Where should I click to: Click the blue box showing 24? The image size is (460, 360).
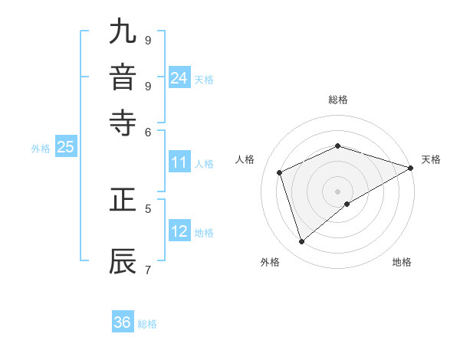pyautogui.click(x=179, y=78)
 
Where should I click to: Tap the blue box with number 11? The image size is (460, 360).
pyautogui.click(x=179, y=162)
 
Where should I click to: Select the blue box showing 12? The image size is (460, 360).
pyautogui.click(x=179, y=231)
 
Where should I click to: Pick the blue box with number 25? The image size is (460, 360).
pyautogui.click(x=65, y=147)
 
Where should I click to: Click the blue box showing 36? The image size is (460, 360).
pyautogui.click(x=123, y=322)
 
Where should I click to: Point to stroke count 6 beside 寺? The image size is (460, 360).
pyautogui.click(x=148, y=131)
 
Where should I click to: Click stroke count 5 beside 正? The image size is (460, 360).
pyautogui.click(x=148, y=208)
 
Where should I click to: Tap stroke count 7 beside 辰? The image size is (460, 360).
pyautogui.click(x=148, y=269)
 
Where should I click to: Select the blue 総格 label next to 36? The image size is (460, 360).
pyautogui.click(x=147, y=324)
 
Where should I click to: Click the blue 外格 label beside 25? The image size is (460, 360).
pyautogui.click(x=40, y=149)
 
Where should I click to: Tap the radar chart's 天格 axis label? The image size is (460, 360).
pyautogui.click(x=431, y=159)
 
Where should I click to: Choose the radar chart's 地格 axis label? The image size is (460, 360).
pyautogui.click(x=402, y=262)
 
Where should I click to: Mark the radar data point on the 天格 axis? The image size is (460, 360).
pyautogui.click(x=411, y=169)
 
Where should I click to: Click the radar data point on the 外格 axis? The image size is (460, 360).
pyautogui.click(x=301, y=242)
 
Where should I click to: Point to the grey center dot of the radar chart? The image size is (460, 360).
pyautogui.click(x=338, y=191)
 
